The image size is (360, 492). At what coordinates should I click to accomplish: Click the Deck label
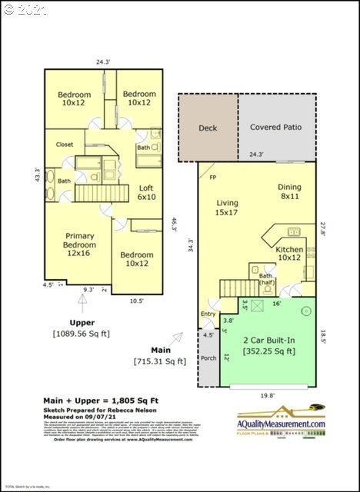pos(208,128)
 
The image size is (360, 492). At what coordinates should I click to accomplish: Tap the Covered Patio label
pos(276,127)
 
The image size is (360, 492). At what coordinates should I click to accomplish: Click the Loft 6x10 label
pos(146,192)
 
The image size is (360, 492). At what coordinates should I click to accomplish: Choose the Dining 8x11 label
pos(289,191)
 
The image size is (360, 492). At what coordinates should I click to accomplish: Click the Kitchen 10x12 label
pos(289,254)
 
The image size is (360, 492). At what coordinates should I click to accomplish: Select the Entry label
pos(208,313)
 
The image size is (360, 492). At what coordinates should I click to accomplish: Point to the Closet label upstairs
pos(65,144)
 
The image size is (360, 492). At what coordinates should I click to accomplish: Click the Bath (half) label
pos(266,280)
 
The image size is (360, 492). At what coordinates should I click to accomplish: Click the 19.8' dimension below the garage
pos(266,395)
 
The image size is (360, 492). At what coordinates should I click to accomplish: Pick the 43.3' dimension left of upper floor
pos(36,175)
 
